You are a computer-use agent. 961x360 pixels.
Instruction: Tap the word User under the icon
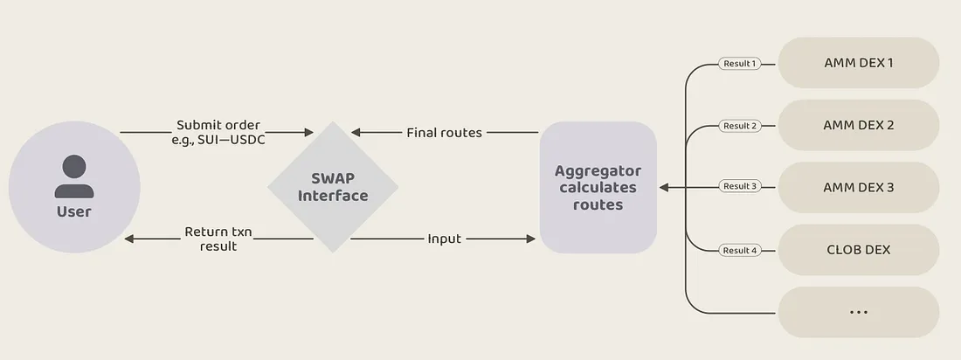click(x=74, y=211)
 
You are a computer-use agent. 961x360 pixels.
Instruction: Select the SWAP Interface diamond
click(x=332, y=187)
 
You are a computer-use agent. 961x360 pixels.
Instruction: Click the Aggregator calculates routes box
click(x=598, y=187)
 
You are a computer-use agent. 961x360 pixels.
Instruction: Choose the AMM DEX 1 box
click(x=858, y=63)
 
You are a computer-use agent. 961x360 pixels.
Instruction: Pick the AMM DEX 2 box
click(x=858, y=125)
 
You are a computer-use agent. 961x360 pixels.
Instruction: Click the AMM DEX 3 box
click(x=858, y=187)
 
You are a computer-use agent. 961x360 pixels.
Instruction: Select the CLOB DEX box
click(x=858, y=250)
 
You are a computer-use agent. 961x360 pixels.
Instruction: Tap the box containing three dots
click(x=858, y=312)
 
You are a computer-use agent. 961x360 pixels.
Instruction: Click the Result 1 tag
click(x=738, y=63)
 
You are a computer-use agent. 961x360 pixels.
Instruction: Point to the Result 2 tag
click(x=738, y=126)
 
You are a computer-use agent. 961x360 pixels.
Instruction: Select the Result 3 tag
click(x=738, y=186)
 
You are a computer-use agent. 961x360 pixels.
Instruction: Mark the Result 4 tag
click(x=738, y=251)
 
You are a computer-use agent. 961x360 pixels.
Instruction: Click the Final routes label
click(x=444, y=133)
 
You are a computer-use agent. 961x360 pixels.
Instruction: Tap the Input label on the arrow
click(x=444, y=239)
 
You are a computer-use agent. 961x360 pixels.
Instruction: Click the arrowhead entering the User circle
click(x=129, y=239)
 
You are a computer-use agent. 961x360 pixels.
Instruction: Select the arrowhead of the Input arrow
click(x=530, y=239)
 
